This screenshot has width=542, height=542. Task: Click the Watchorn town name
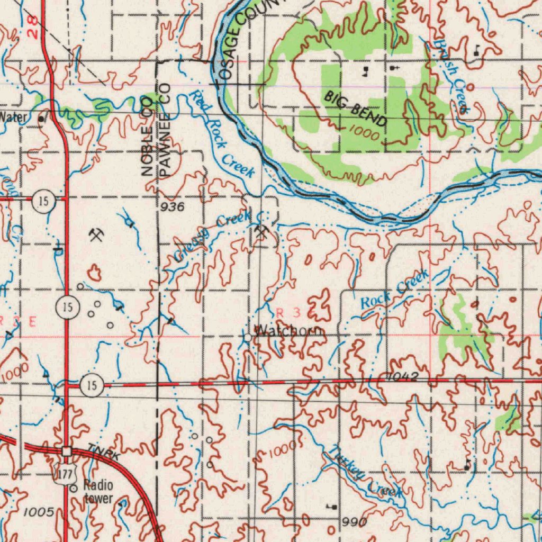[289, 331]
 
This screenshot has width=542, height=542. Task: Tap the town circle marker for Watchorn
[248, 337]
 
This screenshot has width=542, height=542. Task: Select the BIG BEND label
[356, 109]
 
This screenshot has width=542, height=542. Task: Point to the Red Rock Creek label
[222, 134]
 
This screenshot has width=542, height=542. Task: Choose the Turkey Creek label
[365, 472]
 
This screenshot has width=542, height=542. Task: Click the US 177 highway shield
[65, 474]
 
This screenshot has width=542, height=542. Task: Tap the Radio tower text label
[98, 492]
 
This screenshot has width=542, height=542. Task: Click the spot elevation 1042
[403, 376]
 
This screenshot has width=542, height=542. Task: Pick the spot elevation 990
[354, 522]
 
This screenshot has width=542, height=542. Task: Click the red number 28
[33, 28]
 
